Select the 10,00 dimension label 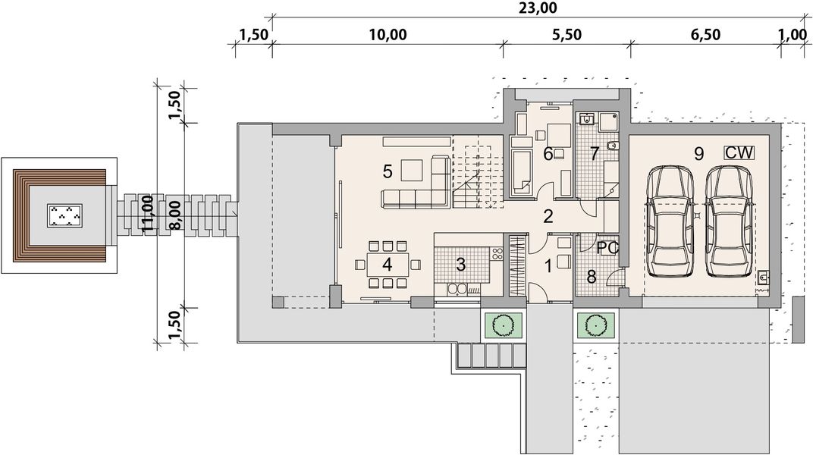pyautogui.click(x=388, y=35)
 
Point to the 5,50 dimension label pyautogui.click(x=566, y=35)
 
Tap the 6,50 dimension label pyautogui.click(x=706, y=35)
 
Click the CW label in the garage pyautogui.click(x=739, y=153)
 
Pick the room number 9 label pyautogui.click(x=699, y=154)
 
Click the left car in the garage pyautogui.click(x=670, y=221)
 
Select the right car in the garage pyautogui.click(x=729, y=221)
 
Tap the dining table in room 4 pyautogui.click(x=388, y=265)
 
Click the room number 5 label pyautogui.click(x=388, y=171)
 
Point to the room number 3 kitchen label pyautogui.click(x=460, y=265)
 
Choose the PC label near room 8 pyautogui.click(x=607, y=248)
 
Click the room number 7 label pyautogui.click(x=595, y=154)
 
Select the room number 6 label pyautogui.click(x=548, y=154)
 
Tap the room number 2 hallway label pyautogui.click(x=548, y=216)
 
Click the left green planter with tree pyautogui.click(x=504, y=325)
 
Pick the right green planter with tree pyautogui.click(x=595, y=325)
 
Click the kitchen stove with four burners pyautogui.click(x=497, y=254)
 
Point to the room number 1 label pyautogui.click(x=548, y=266)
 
